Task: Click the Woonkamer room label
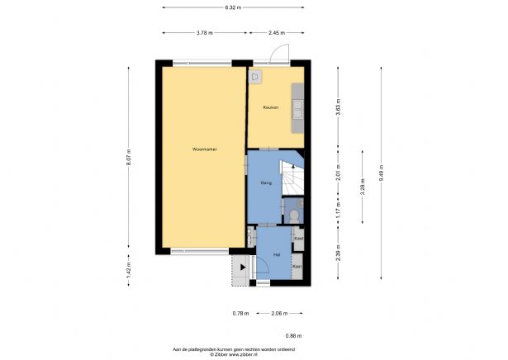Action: pyautogui.click(x=204, y=149)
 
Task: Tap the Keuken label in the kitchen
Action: pyautogui.click(x=270, y=107)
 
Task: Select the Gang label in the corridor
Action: pyautogui.click(x=266, y=182)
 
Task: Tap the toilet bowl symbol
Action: pyautogui.click(x=295, y=216)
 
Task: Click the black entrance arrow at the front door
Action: pyautogui.click(x=242, y=267)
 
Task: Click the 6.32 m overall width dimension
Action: pyautogui.click(x=234, y=7)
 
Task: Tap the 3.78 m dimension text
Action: pyautogui.click(x=204, y=32)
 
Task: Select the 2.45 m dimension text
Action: pyautogui.click(x=276, y=32)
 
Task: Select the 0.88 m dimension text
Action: pyautogui.click(x=293, y=336)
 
